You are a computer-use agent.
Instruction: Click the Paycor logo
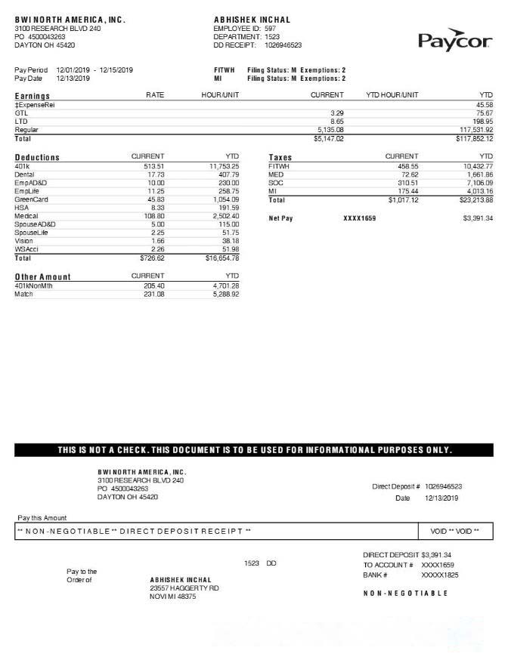(454, 40)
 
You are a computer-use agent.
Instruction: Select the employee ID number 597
(270, 28)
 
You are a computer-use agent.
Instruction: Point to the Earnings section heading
(33, 96)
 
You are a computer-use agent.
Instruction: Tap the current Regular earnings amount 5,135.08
(328, 130)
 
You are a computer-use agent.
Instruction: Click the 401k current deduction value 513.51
(153, 165)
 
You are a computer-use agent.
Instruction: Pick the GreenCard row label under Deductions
(31, 199)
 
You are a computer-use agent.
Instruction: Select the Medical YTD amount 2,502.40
(224, 216)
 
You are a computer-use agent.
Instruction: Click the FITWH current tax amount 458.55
(404, 165)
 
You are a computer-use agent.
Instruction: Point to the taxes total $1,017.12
(401, 200)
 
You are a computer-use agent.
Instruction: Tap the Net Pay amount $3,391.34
(477, 218)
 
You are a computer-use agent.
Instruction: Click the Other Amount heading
(42, 277)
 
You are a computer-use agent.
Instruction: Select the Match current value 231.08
(153, 294)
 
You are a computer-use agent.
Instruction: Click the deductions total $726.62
(152, 258)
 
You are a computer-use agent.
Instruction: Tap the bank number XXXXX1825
(439, 575)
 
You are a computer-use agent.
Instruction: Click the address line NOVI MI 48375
(173, 597)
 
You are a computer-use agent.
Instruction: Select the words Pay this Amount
(42, 518)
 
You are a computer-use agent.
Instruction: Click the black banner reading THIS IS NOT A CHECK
(254, 450)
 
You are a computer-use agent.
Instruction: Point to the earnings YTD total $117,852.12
(474, 139)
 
